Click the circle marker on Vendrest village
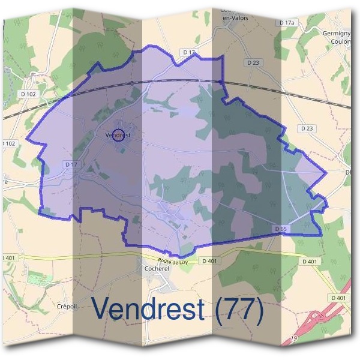(118, 134)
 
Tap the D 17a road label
(288, 22)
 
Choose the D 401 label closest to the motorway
(338, 298)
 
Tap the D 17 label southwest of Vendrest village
(71, 164)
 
